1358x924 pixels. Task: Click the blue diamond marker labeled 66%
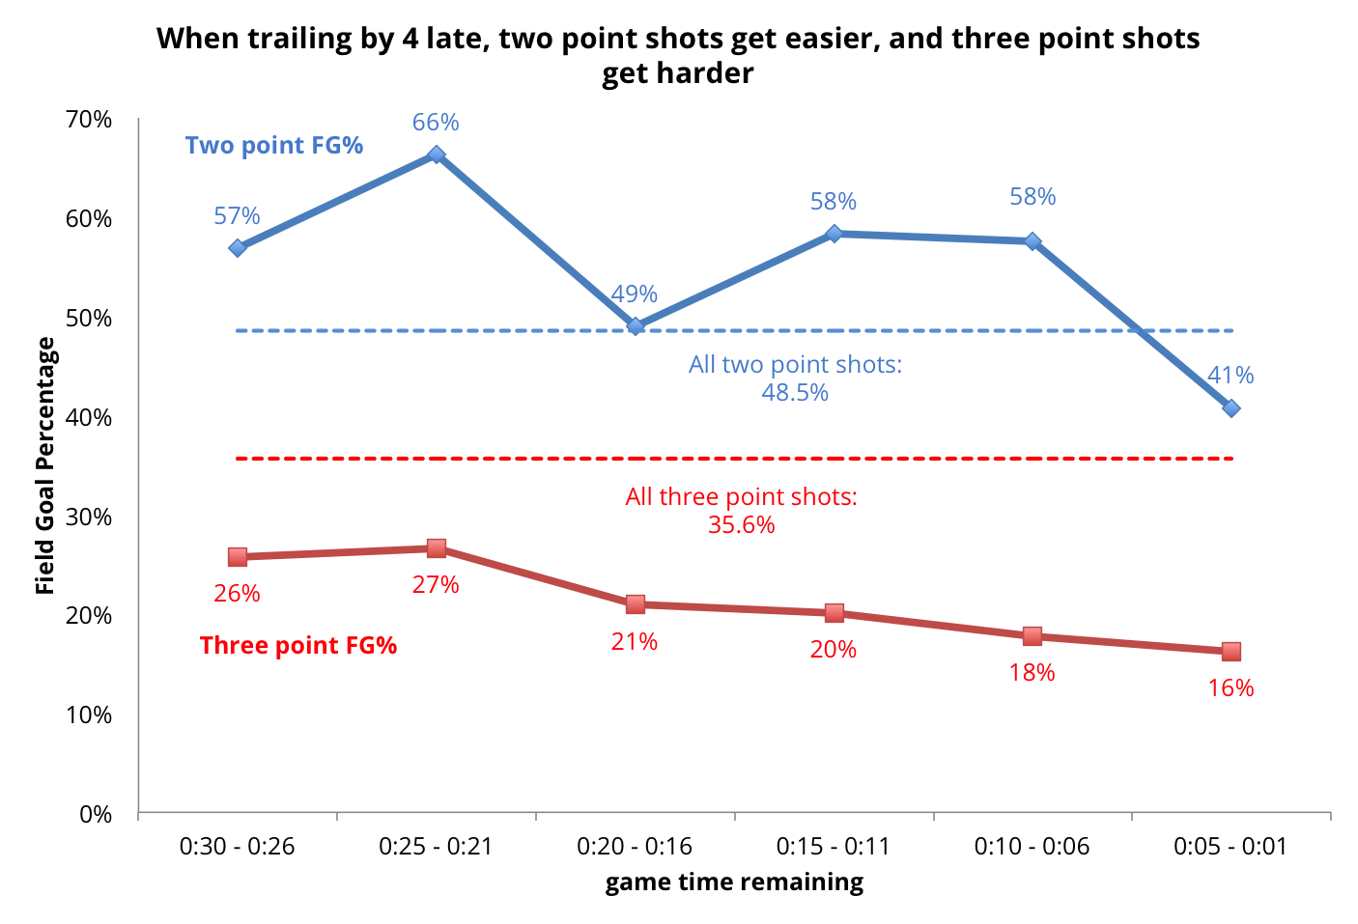(436, 154)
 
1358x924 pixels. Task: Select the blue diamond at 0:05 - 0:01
(1231, 408)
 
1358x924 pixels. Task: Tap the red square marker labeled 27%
(436, 548)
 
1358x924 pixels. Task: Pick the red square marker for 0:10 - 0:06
(1032, 636)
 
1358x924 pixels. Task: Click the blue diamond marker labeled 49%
(635, 326)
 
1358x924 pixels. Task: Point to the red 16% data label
(1231, 688)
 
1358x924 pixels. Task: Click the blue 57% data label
(237, 216)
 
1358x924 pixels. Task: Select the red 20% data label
(833, 650)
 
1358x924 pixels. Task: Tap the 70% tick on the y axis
(89, 120)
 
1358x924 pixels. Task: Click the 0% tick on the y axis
(96, 815)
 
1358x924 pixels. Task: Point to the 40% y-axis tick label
(89, 418)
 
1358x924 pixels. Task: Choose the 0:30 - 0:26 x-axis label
(237, 847)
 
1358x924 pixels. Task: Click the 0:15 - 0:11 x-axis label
(833, 847)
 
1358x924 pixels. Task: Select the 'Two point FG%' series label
(274, 146)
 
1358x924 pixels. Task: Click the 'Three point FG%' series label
(298, 646)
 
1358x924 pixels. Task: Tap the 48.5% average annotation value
(795, 393)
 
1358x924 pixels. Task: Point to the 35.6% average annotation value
(741, 525)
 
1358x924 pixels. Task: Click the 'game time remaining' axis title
(734, 882)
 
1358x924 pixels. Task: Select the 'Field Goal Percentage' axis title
(45, 465)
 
